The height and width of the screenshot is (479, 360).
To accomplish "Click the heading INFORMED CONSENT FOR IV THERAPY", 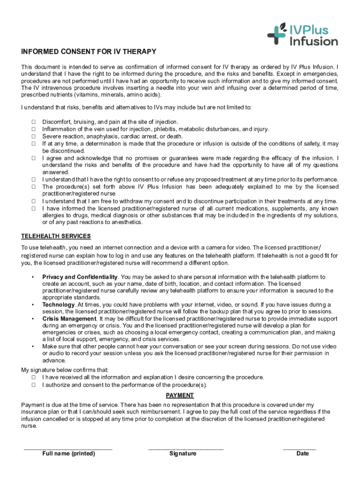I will [x=89, y=51].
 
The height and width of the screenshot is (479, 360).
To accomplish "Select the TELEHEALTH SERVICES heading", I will [x=56, y=236].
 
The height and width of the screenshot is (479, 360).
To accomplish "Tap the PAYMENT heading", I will [x=180, y=395].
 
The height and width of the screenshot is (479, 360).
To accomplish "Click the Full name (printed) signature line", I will [x=68, y=449].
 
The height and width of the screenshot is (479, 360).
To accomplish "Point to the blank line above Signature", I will [x=186, y=449].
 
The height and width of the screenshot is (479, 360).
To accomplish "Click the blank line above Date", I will [x=300, y=449].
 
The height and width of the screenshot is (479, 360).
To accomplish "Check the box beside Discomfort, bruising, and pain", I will [x=34, y=122].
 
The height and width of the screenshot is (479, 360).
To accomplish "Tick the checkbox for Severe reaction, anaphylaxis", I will [x=34, y=137].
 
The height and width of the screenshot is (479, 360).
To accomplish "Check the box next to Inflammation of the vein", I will [x=34, y=129].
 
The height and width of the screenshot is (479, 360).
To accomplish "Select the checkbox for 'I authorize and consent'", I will [x=34, y=385].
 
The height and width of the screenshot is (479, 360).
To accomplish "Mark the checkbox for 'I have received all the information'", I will [x=34, y=377].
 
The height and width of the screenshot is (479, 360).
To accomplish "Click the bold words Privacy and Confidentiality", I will [x=80, y=277].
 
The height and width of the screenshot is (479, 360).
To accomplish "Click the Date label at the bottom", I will [x=302, y=454].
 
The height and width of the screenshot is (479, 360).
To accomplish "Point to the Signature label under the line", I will [x=183, y=454].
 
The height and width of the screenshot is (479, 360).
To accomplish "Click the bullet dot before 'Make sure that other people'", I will [x=32, y=347].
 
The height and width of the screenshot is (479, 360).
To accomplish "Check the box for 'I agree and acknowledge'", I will [x=34, y=158].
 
